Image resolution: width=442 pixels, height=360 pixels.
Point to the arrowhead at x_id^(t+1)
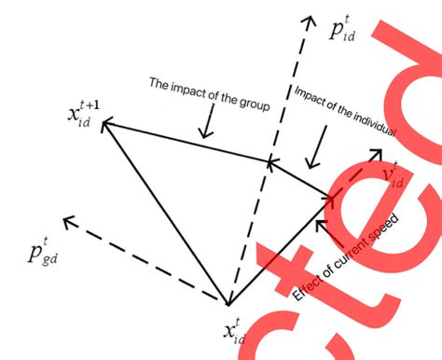pyautogui.click(x=105, y=121)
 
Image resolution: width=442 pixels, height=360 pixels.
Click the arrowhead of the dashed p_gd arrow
pyautogui.click(x=66, y=223)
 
